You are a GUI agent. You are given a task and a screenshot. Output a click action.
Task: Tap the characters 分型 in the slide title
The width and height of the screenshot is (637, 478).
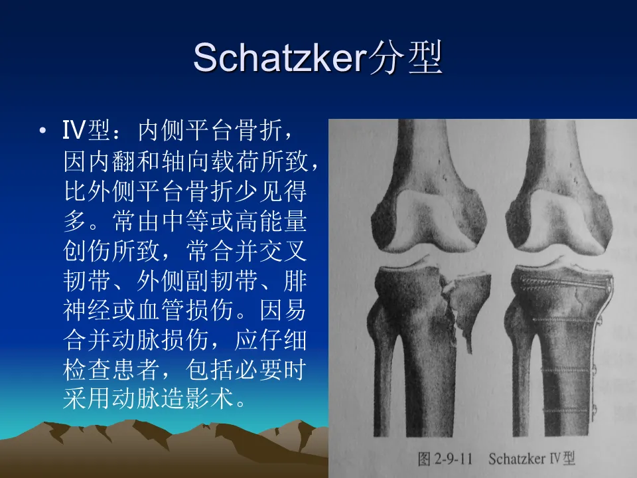(x=405, y=58)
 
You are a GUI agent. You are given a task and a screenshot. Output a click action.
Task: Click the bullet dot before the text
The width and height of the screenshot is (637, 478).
(x=42, y=131)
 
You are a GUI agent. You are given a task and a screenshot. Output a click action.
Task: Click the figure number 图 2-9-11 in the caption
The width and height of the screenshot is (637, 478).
(x=445, y=459)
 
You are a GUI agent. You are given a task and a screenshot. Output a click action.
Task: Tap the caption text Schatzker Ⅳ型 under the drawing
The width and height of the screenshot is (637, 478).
(x=531, y=459)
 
